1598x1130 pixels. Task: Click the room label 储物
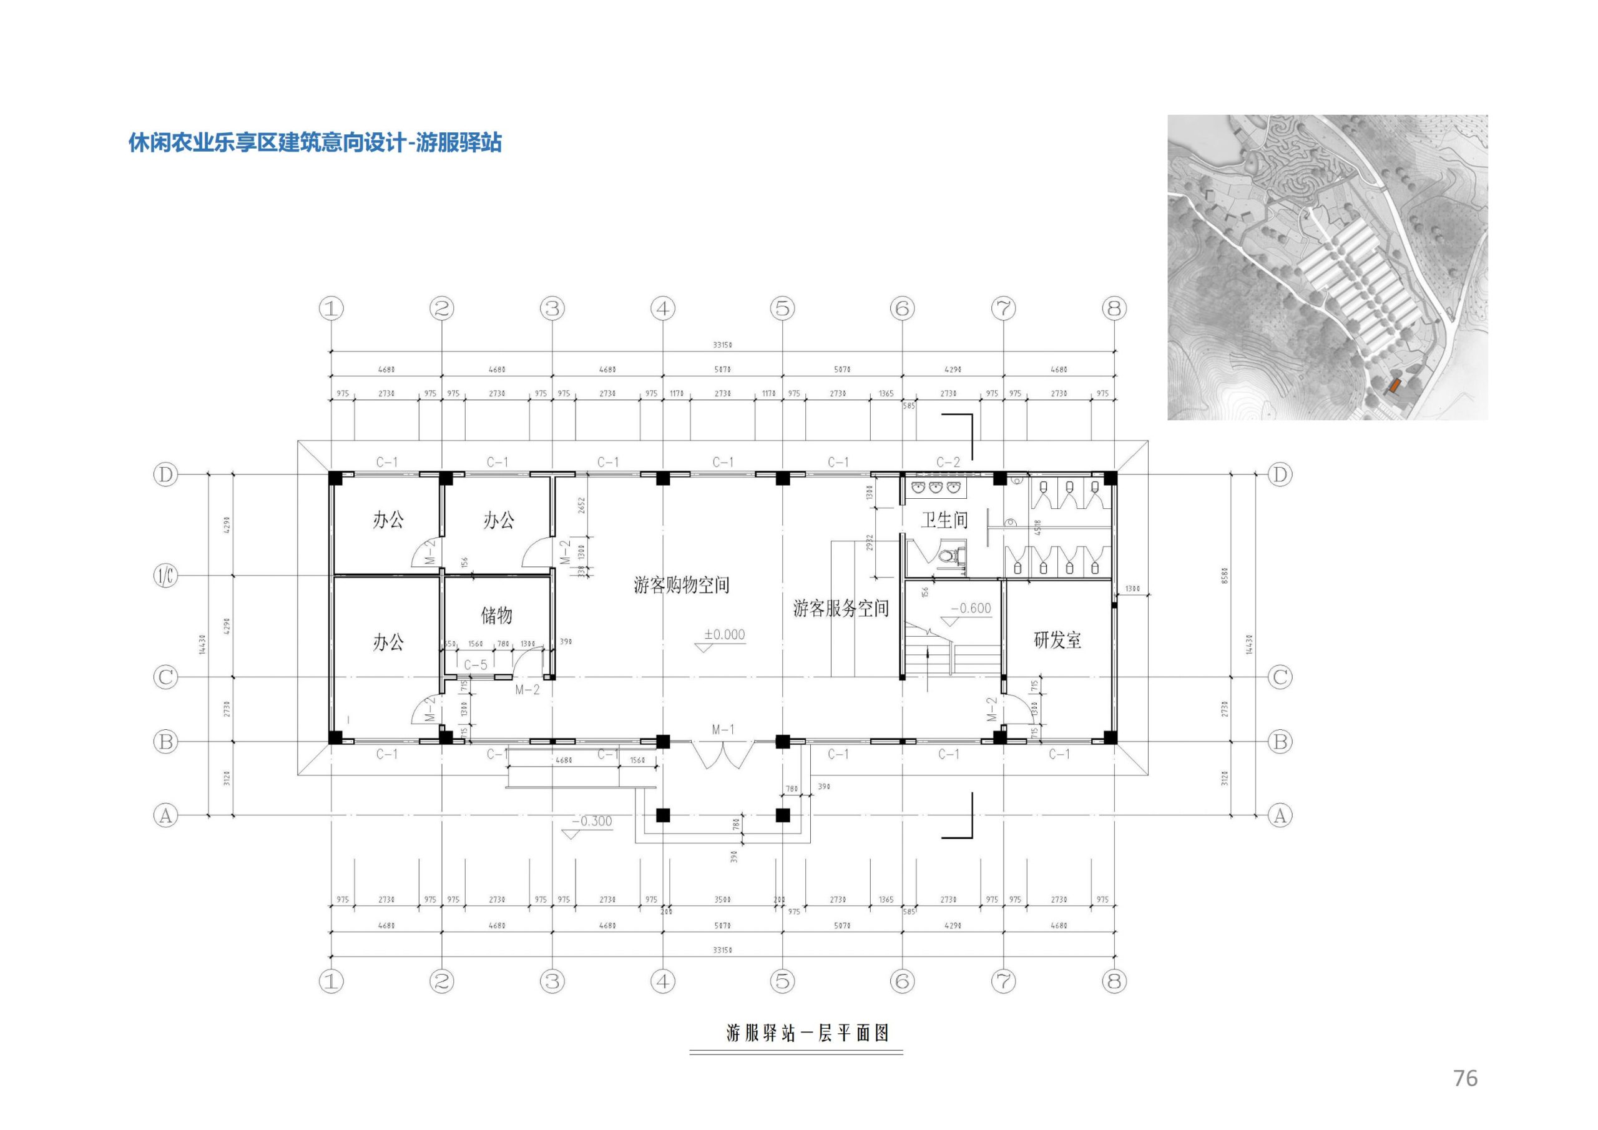(496, 616)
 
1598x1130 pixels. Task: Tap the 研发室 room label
(1057, 640)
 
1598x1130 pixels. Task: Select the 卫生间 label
(944, 520)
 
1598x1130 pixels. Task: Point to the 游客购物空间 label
(682, 585)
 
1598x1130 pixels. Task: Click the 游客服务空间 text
(841, 609)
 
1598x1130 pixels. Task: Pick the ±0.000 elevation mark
(724, 635)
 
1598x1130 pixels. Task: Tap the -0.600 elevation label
(970, 609)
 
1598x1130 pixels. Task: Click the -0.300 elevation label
(592, 822)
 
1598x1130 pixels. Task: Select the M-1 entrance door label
(723, 730)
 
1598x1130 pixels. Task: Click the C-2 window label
(948, 463)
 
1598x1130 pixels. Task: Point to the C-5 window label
(476, 665)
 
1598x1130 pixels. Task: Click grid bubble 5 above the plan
(783, 308)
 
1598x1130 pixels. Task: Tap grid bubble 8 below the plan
(1114, 981)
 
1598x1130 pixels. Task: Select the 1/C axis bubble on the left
(165, 576)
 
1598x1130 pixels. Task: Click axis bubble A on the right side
(1280, 815)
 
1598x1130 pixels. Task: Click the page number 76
(1465, 1078)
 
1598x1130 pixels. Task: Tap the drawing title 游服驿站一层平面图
(807, 1033)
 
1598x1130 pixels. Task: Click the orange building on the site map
(1394, 385)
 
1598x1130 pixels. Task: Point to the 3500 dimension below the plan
(722, 900)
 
